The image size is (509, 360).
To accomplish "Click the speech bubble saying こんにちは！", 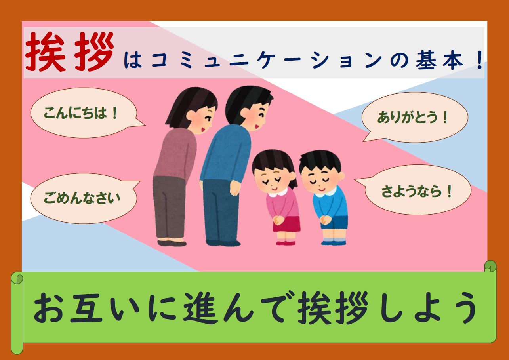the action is [x=84, y=112].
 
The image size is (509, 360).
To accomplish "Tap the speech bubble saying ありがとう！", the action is [x=415, y=117].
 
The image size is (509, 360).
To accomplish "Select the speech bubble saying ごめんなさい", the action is [x=84, y=198].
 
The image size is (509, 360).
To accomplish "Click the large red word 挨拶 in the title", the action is [x=70, y=52].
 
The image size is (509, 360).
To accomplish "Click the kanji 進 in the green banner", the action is [x=200, y=308].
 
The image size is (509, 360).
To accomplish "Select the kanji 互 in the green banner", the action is [x=86, y=309].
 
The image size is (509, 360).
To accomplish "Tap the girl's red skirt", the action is [x=287, y=224].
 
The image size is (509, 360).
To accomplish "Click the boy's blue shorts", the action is [x=334, y=223].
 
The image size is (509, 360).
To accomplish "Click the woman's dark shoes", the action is [x=172, y=243].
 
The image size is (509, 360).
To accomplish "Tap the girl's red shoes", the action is [x=286, y=243].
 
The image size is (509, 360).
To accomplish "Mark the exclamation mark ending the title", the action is [x=480, y=60].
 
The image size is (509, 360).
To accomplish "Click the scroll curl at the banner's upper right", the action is [x=490, y=267].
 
